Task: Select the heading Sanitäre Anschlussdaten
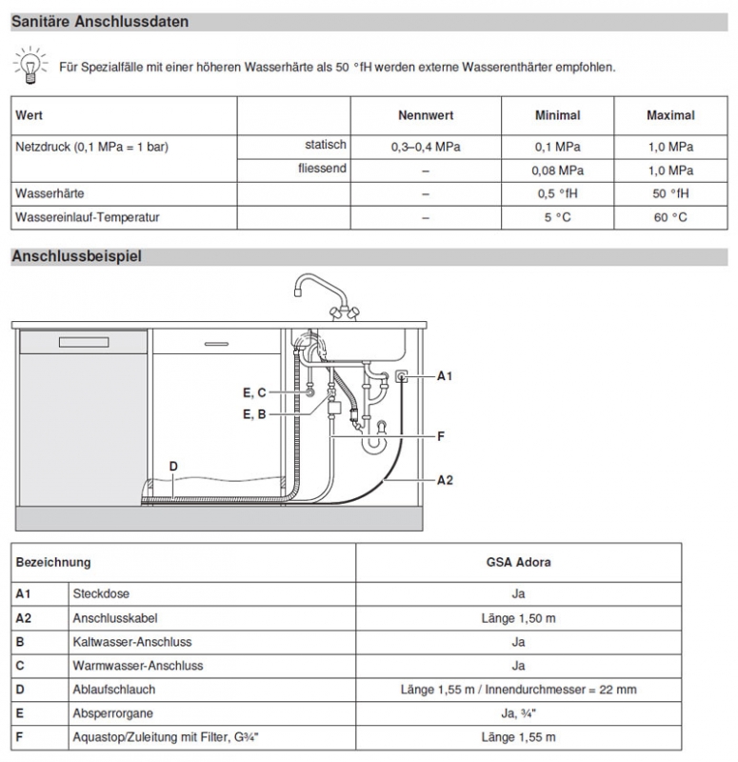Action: coord(100,21)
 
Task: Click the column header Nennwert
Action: coord(425,115)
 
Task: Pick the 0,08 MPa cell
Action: coord(557,170)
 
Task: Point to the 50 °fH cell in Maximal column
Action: coord(670,193)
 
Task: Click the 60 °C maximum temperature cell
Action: coord(670,217)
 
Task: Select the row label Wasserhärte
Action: coord(48,193)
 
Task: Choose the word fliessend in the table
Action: coord(321,170)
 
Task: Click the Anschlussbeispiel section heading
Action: coord(76,256)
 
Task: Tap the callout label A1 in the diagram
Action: coord(445,376)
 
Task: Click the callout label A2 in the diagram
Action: coord(445,480)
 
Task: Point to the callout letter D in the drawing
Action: coord(173,466)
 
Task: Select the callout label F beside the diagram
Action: coord(441,436)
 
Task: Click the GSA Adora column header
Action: coord(518,562)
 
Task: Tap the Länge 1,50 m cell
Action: coord(518,618)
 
